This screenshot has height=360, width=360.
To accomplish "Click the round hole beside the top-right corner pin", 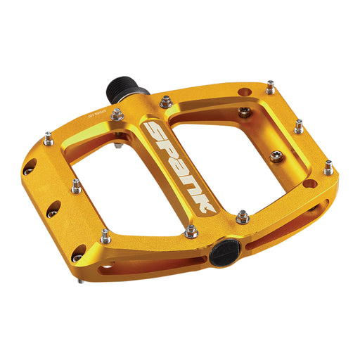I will tap(245, 91).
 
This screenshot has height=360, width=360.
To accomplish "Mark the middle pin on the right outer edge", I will tap(299, 127).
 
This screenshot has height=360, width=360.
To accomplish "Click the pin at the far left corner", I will tap(48, 140).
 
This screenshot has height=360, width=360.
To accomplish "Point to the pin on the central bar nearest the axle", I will tap(165, 103).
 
